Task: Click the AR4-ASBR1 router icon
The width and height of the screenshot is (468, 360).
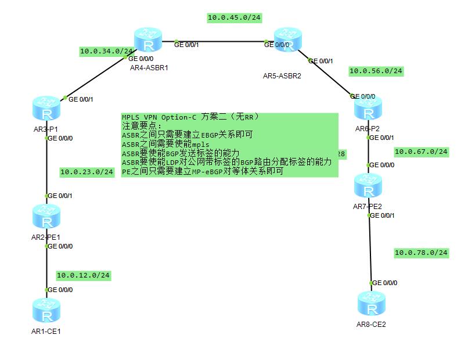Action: [149, 39]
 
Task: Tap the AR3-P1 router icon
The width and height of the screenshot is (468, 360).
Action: [46, 109]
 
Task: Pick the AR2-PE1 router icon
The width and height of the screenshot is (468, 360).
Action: [46, 215]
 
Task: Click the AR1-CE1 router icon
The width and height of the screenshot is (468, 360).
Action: [46, 311]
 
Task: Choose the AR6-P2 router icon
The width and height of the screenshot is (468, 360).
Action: [368, 109]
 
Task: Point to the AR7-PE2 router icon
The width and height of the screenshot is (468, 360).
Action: [368, 185]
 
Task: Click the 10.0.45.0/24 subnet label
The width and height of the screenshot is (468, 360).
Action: [234, 18]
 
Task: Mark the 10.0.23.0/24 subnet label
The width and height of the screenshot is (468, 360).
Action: [87, 172]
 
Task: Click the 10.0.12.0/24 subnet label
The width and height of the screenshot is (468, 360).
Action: [83, 275]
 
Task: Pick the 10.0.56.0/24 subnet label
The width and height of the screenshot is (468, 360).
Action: [376, 71]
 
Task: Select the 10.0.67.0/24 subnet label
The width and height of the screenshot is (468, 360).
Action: [421, 152]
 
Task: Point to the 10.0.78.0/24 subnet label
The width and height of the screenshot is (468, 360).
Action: [421, 253]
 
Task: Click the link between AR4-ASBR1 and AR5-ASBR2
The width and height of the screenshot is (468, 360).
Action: [221, 42]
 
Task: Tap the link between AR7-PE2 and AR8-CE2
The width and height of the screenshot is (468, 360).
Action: [370, 250]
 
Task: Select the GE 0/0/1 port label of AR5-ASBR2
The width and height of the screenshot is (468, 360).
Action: [321, 61]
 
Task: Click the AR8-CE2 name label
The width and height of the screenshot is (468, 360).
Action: [371, 325]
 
